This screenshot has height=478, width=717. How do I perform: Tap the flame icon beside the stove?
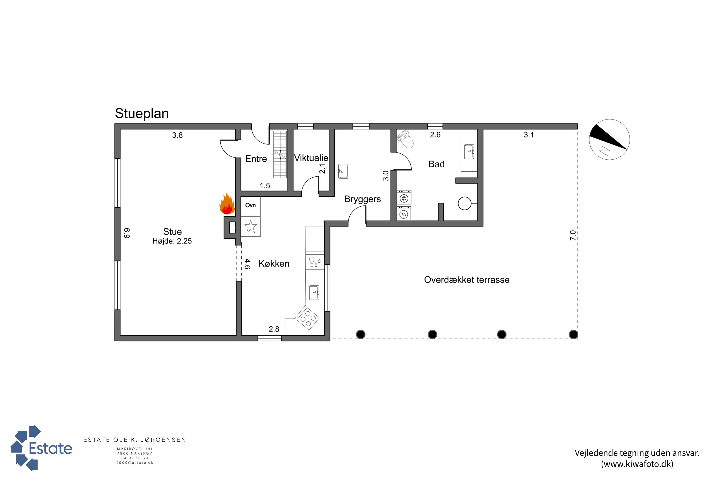(x=227, y=204)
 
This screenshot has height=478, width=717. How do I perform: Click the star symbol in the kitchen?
(x=250, y=227)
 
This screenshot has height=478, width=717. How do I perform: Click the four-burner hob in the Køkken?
(x=308, y=318)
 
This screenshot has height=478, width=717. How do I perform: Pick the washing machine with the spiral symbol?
(x=404, y=197)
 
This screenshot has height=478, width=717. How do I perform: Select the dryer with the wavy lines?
(x=404, y=213)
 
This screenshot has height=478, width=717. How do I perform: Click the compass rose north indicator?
(x=609, y=140)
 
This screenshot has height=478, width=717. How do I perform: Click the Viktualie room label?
(x=311, y=158)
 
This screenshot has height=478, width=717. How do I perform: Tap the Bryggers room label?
(x=363, y=199)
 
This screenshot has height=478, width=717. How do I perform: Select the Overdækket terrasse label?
(x=467, y=280)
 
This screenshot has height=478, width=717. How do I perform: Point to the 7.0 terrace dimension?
(x=573, y=235)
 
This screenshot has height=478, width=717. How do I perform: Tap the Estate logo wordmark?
(x=51, y=448)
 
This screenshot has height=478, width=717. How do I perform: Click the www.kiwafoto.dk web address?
(x=637, y=464)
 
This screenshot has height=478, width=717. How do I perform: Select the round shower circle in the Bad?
(x=465, y=203)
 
